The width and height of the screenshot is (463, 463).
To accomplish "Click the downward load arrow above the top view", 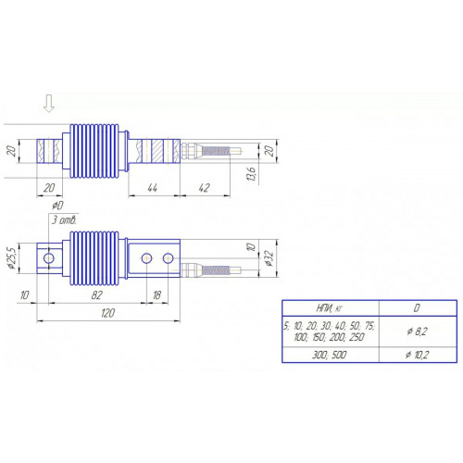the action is [49, 104].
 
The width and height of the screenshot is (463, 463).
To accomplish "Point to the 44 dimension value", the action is [152, 188].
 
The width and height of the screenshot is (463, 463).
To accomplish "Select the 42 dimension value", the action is [204, 188].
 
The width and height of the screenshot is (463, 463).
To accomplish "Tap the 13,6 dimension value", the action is [251, 174].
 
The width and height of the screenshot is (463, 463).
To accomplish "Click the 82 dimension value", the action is [96, 295].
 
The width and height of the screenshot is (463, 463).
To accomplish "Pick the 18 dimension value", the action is [156, 295].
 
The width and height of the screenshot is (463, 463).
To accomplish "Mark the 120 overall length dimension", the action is [107, 313].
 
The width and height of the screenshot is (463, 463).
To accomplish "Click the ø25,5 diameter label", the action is [11, 258].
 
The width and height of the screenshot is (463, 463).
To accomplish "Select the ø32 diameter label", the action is [269, 258].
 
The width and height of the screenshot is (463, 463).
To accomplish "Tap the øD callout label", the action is [57, 206].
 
